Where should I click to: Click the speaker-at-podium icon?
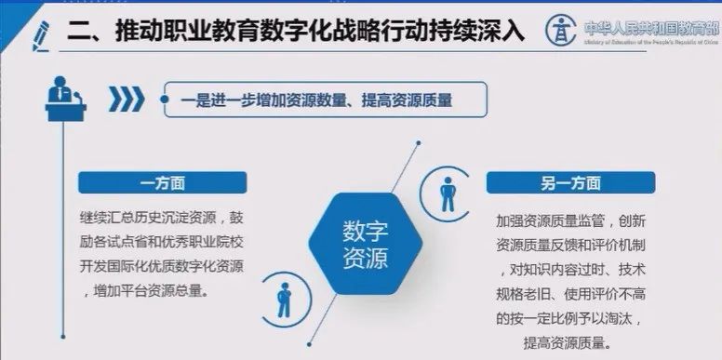pos(64,99)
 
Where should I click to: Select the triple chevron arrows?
pos(127,98)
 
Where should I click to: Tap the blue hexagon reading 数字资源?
pos(365,244)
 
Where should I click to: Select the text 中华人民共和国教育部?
pos(649,25)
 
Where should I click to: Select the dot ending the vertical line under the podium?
pos(62,337)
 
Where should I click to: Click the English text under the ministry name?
pos(649,42)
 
